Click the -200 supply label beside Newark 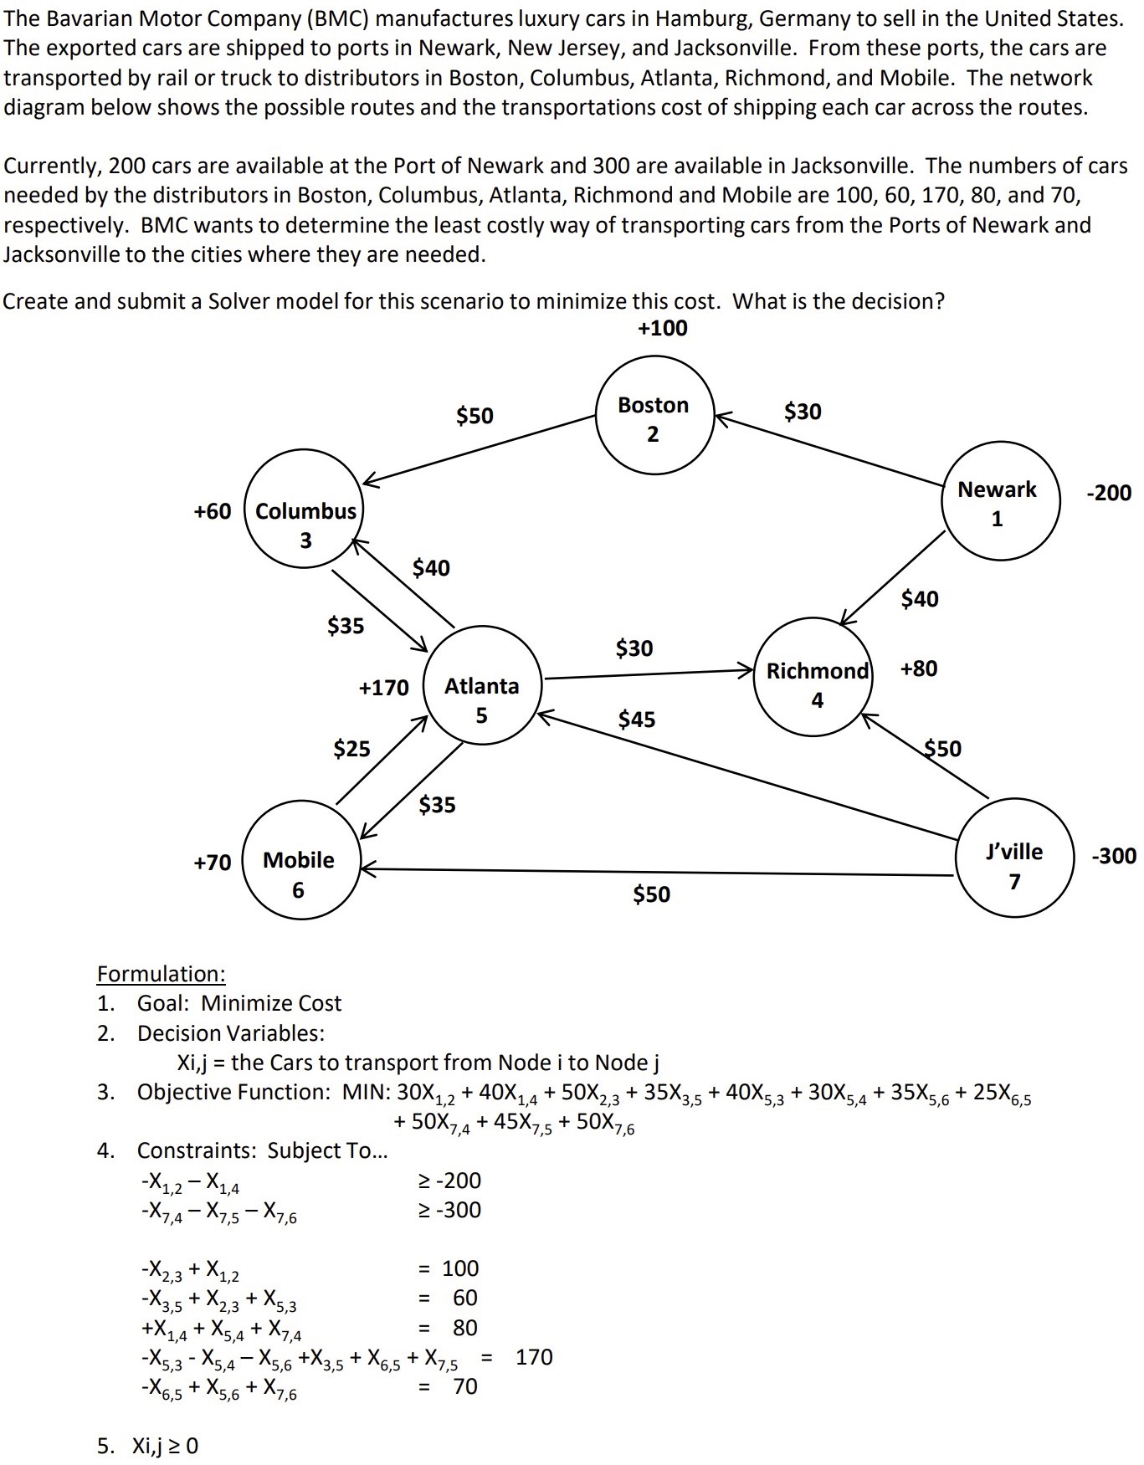(1108, 493)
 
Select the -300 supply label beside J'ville (1113, 855)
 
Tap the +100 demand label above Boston (661, 328)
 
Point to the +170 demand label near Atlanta (383, 688)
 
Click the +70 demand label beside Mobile (212, 862)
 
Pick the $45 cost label (636, 719)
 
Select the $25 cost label (351, 748)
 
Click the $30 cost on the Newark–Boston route (803, 411)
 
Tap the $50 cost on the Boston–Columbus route (475, 415)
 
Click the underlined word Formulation (161, 974)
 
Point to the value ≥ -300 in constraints (449, 1210)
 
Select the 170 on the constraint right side (534, 1356)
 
